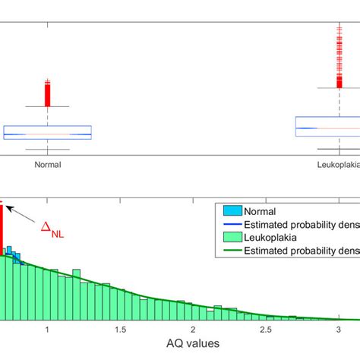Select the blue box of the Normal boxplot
point(47,132)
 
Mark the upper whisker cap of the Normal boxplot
point(48,107)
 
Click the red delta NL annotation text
point(51,229)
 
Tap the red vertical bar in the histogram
point(2,228)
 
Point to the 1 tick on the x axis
point(48,330)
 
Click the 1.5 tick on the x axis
point(121,330)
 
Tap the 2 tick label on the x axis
point(193,330)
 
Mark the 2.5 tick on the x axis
point(266,330)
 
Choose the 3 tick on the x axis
point(339,330)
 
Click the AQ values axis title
point(193,344)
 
